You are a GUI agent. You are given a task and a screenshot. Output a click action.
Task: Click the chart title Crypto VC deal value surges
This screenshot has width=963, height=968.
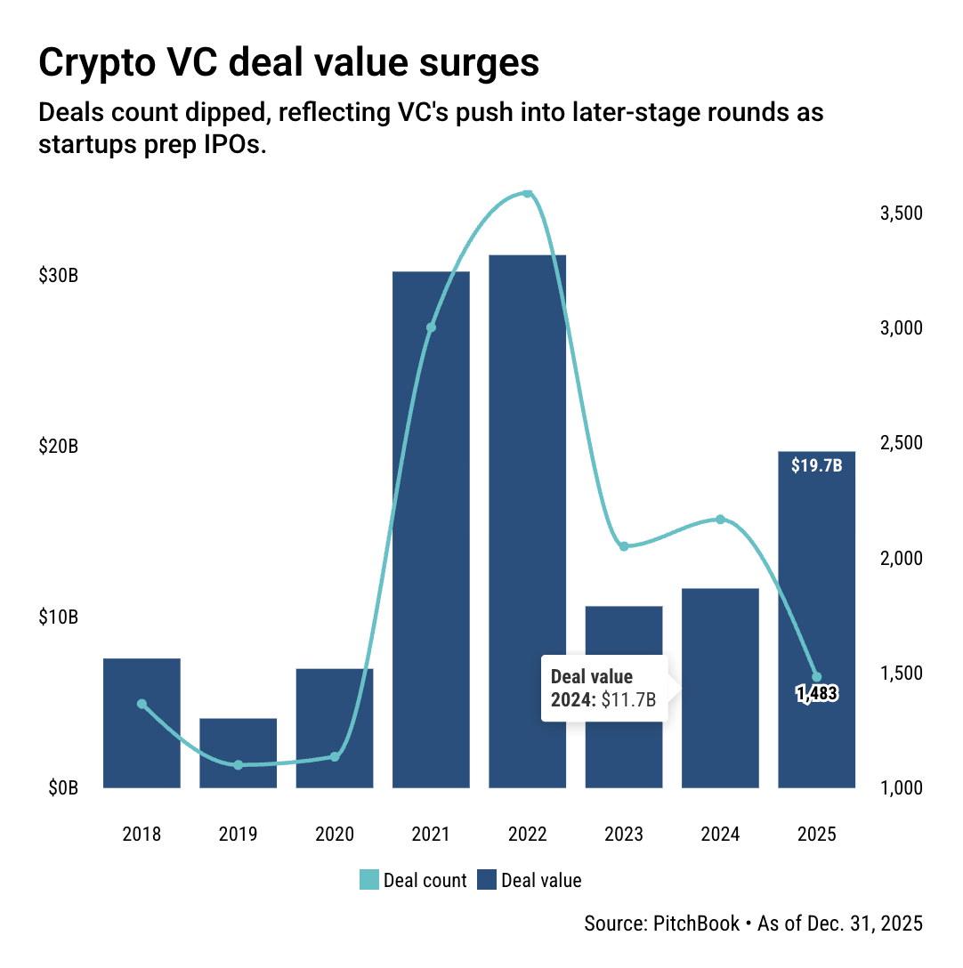tap(288, 64)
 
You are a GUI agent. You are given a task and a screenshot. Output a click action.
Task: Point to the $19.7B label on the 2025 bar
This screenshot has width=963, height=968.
tap(816, 465)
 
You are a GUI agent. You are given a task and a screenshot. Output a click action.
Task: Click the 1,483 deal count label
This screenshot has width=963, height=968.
tap(817, 694)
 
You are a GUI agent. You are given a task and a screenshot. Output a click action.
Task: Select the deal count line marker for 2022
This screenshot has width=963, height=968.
tap(527, 194)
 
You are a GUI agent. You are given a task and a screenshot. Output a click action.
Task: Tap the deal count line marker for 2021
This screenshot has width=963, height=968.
tap(431, 327)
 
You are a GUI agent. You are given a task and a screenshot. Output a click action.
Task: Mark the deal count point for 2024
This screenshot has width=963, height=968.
tap(720, 520)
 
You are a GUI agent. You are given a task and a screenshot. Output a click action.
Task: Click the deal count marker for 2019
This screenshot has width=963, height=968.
tap(238, 765)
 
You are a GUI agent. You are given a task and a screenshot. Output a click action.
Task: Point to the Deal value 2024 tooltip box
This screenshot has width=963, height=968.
tap(604, 689)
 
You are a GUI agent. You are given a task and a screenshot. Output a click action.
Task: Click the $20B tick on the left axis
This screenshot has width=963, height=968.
tap(59, 447)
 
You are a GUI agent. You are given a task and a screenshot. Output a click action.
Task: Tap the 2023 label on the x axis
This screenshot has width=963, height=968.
tap(624, 835)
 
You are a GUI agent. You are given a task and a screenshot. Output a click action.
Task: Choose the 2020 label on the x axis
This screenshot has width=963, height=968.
tap(335, 835)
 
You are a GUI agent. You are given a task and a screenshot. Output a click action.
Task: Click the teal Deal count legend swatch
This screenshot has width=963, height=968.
tap(368, 881)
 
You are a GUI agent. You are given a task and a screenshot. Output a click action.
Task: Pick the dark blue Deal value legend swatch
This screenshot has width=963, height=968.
tap(486, 881)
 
